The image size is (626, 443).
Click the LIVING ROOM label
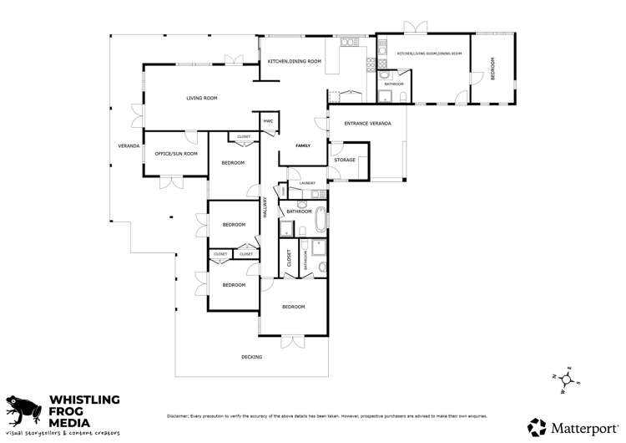201,99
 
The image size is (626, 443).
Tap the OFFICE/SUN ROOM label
176,154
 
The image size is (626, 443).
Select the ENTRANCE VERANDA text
367,123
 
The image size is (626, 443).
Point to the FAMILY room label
302,145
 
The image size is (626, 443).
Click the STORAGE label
345,160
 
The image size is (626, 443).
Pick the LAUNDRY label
306,183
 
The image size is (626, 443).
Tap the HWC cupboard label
268,121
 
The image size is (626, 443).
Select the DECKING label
251,357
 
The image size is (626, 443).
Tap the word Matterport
583,427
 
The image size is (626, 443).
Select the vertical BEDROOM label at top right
492,68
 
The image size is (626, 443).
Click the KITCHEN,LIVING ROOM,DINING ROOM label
429,53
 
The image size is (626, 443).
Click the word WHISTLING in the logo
87,400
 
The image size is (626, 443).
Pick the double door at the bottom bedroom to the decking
294,341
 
